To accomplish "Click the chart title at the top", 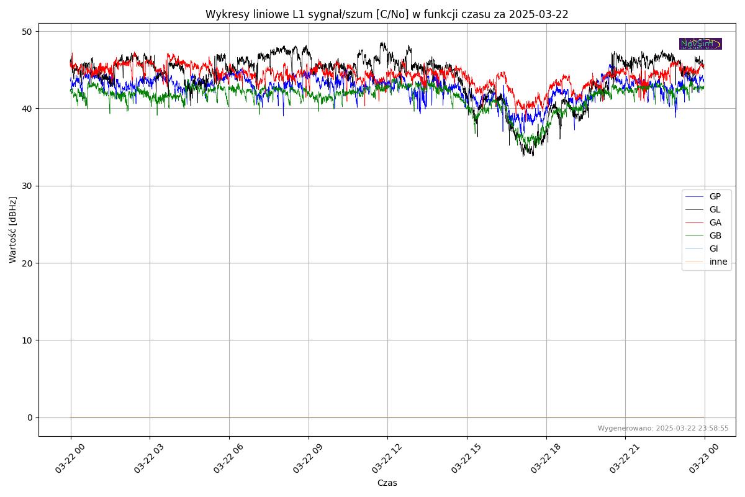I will click(x=387, y=14).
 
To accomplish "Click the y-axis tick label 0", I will click(x=29, y=417).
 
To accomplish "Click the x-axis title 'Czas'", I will click(x=387, y=483).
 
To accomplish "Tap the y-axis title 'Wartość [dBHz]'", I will click(x=13, y=229).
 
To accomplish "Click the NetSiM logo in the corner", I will click(x=700, y=43).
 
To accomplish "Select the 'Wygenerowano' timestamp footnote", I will click(x=663, y=428).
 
